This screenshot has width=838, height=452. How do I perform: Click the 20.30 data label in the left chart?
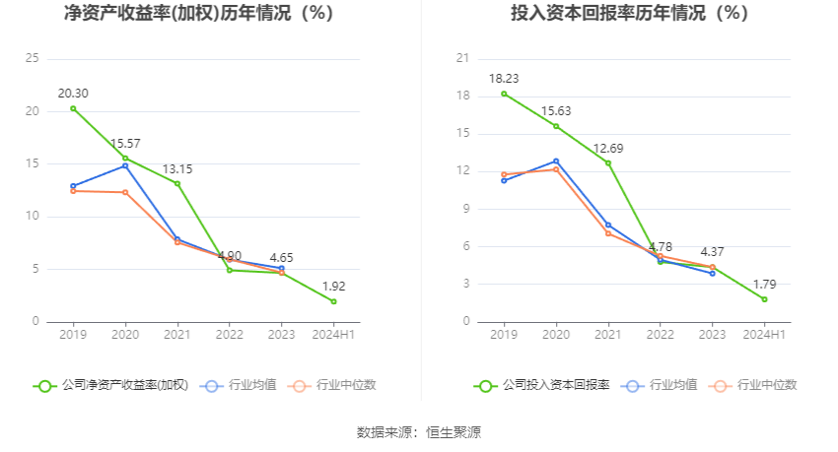[x=73, y=94]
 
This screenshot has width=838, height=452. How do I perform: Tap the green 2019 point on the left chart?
[x=73, y=108]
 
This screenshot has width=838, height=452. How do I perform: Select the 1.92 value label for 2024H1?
[x=333, y=287]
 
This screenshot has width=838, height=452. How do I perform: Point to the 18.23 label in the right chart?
[x=504, y=79]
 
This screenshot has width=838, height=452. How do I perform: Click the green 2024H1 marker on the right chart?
[x=764, y=299]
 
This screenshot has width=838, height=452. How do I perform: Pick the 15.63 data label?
[x=556, y=111]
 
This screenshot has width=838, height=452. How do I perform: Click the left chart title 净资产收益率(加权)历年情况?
[x=198, y=14]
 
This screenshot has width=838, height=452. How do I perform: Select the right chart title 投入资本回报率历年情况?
[x=629, y=14]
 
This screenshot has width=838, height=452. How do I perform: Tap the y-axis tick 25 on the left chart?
[x=33, y=59]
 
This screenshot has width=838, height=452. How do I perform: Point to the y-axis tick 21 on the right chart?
[x=463, y=59]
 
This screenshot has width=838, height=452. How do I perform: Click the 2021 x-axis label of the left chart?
[x=177, y=335]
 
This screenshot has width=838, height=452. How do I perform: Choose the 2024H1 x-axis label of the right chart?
[x=764, y=335]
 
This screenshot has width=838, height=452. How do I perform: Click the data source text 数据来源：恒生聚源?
[x=419, y=432]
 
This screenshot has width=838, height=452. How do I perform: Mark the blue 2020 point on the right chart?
[x=556, y=161]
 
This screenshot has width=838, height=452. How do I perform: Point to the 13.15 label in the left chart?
[x=177, y=169]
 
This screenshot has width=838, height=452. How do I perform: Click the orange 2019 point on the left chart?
[x=73, y=191]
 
